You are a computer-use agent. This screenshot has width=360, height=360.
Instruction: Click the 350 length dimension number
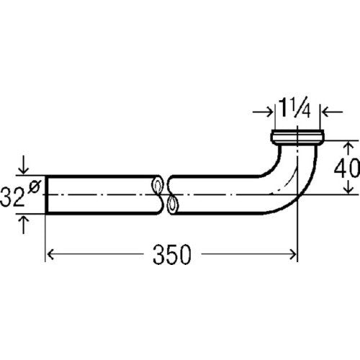172,255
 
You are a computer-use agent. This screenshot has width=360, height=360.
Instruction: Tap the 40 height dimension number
347,168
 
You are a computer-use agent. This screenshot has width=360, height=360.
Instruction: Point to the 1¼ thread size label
294,109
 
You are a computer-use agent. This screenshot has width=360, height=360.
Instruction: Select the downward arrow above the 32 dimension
23,165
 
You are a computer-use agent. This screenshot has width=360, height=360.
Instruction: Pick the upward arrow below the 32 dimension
23,225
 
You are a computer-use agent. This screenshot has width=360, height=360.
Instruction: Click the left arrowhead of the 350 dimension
50,255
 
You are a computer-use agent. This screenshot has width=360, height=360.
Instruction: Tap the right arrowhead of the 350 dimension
293,255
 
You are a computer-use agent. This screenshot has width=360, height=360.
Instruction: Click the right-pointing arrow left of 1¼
263,112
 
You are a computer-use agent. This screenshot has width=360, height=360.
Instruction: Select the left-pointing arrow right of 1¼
332,112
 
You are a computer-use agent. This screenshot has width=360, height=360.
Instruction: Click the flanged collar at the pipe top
298,137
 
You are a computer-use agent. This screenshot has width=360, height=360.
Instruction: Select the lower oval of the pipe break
172,204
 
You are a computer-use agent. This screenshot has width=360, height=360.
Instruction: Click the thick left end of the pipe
47,194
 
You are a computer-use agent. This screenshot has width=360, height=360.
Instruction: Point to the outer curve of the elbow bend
307,189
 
